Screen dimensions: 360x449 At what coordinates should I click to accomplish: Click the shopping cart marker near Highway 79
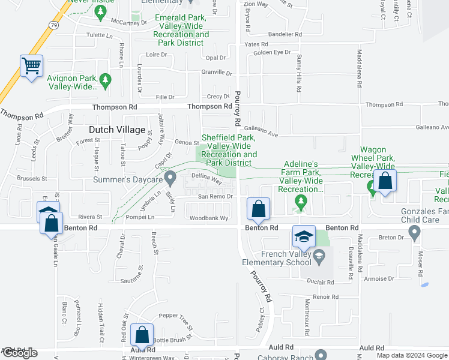pos(31,65)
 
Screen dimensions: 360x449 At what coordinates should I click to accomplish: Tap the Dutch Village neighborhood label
pos(117,130)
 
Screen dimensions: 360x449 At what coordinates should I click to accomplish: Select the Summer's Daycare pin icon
pos(170,178)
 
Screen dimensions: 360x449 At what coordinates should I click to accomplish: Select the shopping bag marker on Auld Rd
pos(142,335)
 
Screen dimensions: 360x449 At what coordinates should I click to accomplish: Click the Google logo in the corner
pos(19,353)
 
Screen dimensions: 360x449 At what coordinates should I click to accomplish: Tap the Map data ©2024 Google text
pos(412,355)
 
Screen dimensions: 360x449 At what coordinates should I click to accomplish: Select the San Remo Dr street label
pos(215,197)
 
